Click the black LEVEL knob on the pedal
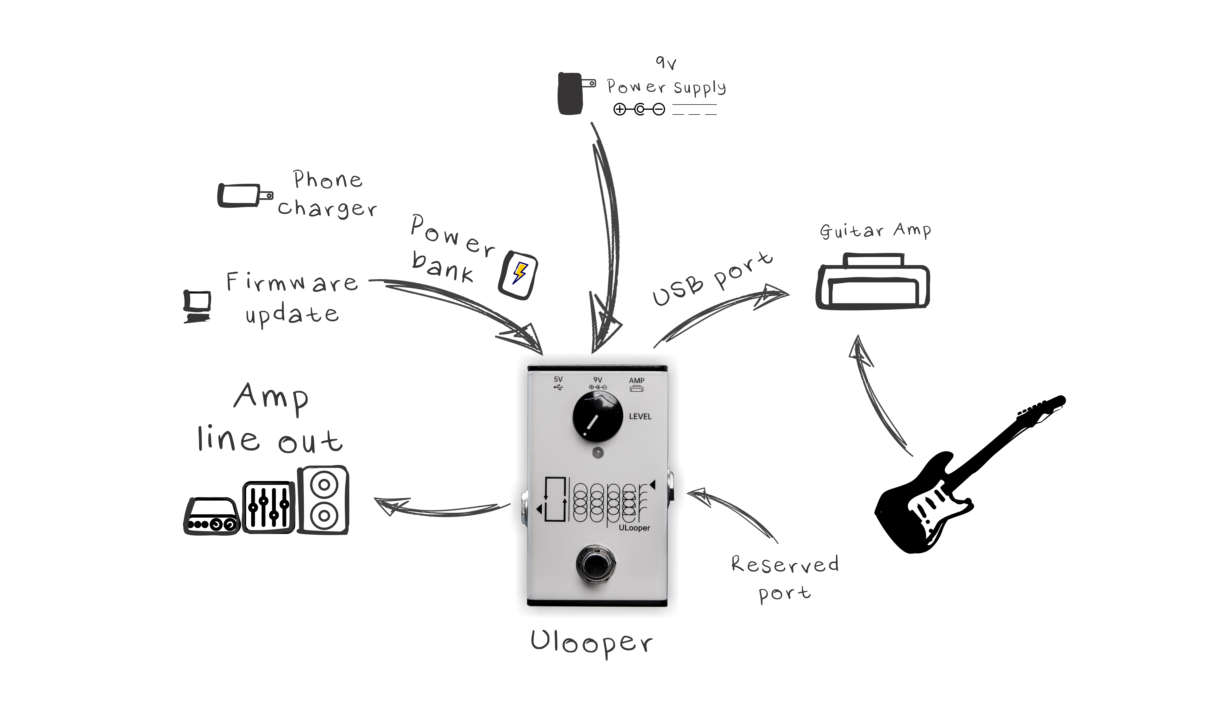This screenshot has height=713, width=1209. (597, 416)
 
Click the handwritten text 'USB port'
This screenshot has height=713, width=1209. (711, 279)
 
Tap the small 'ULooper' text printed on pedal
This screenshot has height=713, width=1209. (634, 528)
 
